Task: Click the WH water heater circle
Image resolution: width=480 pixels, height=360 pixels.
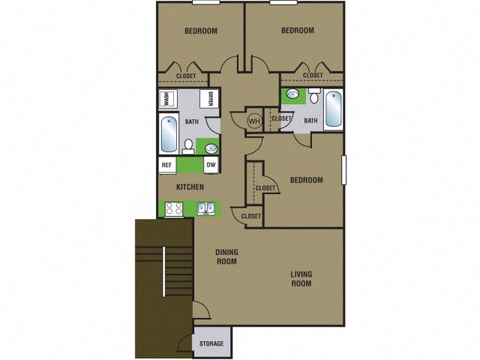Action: click(x=253, y=120)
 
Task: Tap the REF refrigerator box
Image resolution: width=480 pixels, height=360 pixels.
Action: click(x=166, y=165)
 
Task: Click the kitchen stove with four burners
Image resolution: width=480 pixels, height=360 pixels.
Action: click(x=174, y=209)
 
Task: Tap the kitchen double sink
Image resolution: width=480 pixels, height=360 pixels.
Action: click(x=207, y=209)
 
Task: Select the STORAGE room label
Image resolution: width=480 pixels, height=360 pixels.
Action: click(x=211, y=343)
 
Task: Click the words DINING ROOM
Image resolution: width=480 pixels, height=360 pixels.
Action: click(x=226, y=257)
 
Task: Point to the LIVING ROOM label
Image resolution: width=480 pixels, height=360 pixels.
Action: click(x=301, y=279)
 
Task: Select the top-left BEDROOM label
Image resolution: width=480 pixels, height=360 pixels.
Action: click(x=201, y=31)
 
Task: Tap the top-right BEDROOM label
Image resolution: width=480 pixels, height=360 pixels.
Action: click(x=297, y=31)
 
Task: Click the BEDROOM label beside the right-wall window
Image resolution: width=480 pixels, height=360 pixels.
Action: click(x=306, y=180)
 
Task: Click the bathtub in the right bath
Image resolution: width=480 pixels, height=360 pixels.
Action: click(x=332, y=110)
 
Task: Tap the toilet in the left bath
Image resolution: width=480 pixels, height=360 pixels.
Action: click(x=189, y=145)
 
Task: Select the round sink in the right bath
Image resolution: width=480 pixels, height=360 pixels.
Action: click(x=293, y=97)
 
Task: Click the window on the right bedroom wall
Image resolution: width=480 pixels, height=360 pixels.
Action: click(x=345, y=169)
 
